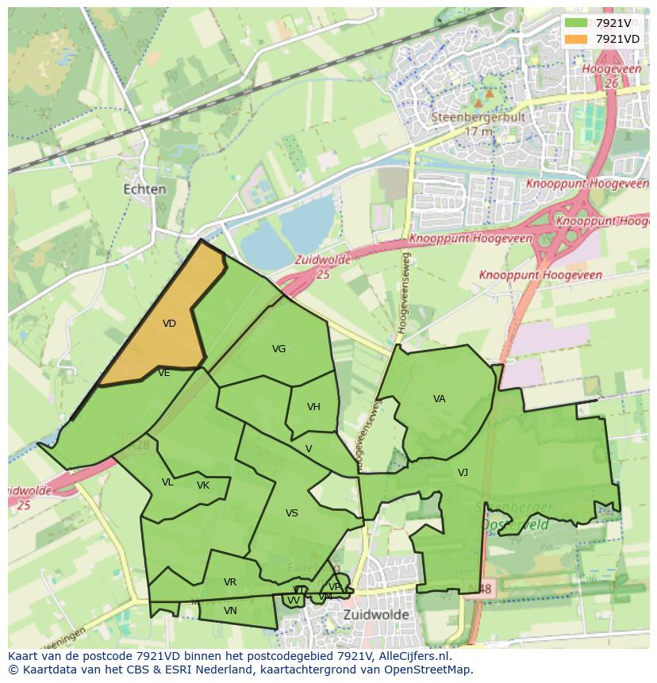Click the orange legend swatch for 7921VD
[577, 39]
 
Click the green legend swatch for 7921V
[577, 23]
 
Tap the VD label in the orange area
[169, 324]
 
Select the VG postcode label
[279, 349]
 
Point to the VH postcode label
[313, 407]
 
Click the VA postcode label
[439, 399]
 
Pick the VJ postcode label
[463, 473]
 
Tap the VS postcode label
[292, 513]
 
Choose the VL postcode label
[167, 482]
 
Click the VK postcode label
[203, 485]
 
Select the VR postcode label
[230, 582]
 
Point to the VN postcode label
[230, 611]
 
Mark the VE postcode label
[164, 373]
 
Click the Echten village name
[145, 190]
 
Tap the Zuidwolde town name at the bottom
[376, 615]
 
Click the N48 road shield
[482, 589]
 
